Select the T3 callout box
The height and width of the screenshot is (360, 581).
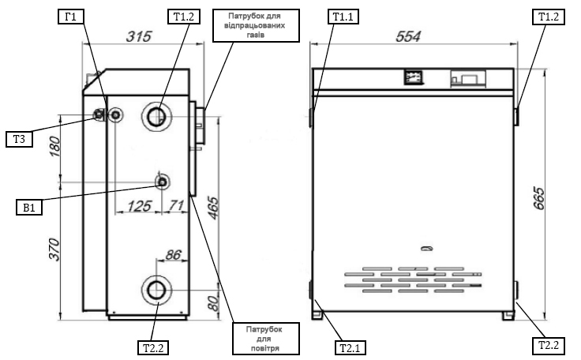[x=19, y=140]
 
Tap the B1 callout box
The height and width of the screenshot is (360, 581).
[x=28, y=208]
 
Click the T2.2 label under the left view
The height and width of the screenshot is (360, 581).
[x=152, y=346]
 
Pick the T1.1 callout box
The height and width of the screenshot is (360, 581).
[x=344, y=17]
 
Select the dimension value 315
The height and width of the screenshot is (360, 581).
[x=139, y=37]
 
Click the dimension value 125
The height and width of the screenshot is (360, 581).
[x=140, y=207]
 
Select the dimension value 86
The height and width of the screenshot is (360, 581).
[x=174, y=255]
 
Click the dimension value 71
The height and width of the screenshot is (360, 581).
[x=176, y=207]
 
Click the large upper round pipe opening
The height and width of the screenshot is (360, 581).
[x=156, y=118]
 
